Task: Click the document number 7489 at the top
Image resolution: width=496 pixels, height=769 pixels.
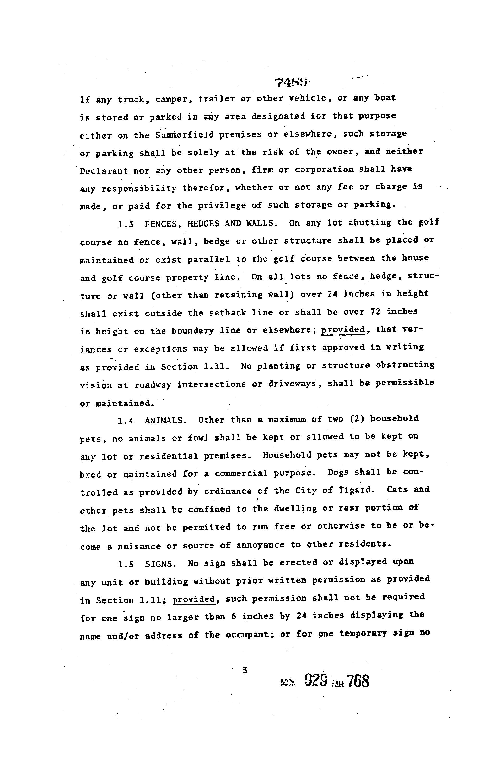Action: click(x=291, y=83)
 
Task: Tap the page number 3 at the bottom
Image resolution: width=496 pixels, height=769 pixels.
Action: click(x=245, y=670)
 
